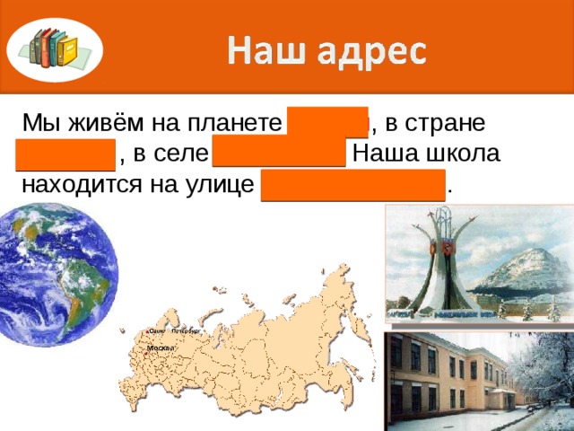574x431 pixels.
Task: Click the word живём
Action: point(98,124)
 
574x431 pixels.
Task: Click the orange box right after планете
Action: point(327,121)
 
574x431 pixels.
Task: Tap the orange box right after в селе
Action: point(279,153)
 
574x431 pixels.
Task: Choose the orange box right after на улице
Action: point(353,184)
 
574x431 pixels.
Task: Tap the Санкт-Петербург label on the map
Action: point(173,331)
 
